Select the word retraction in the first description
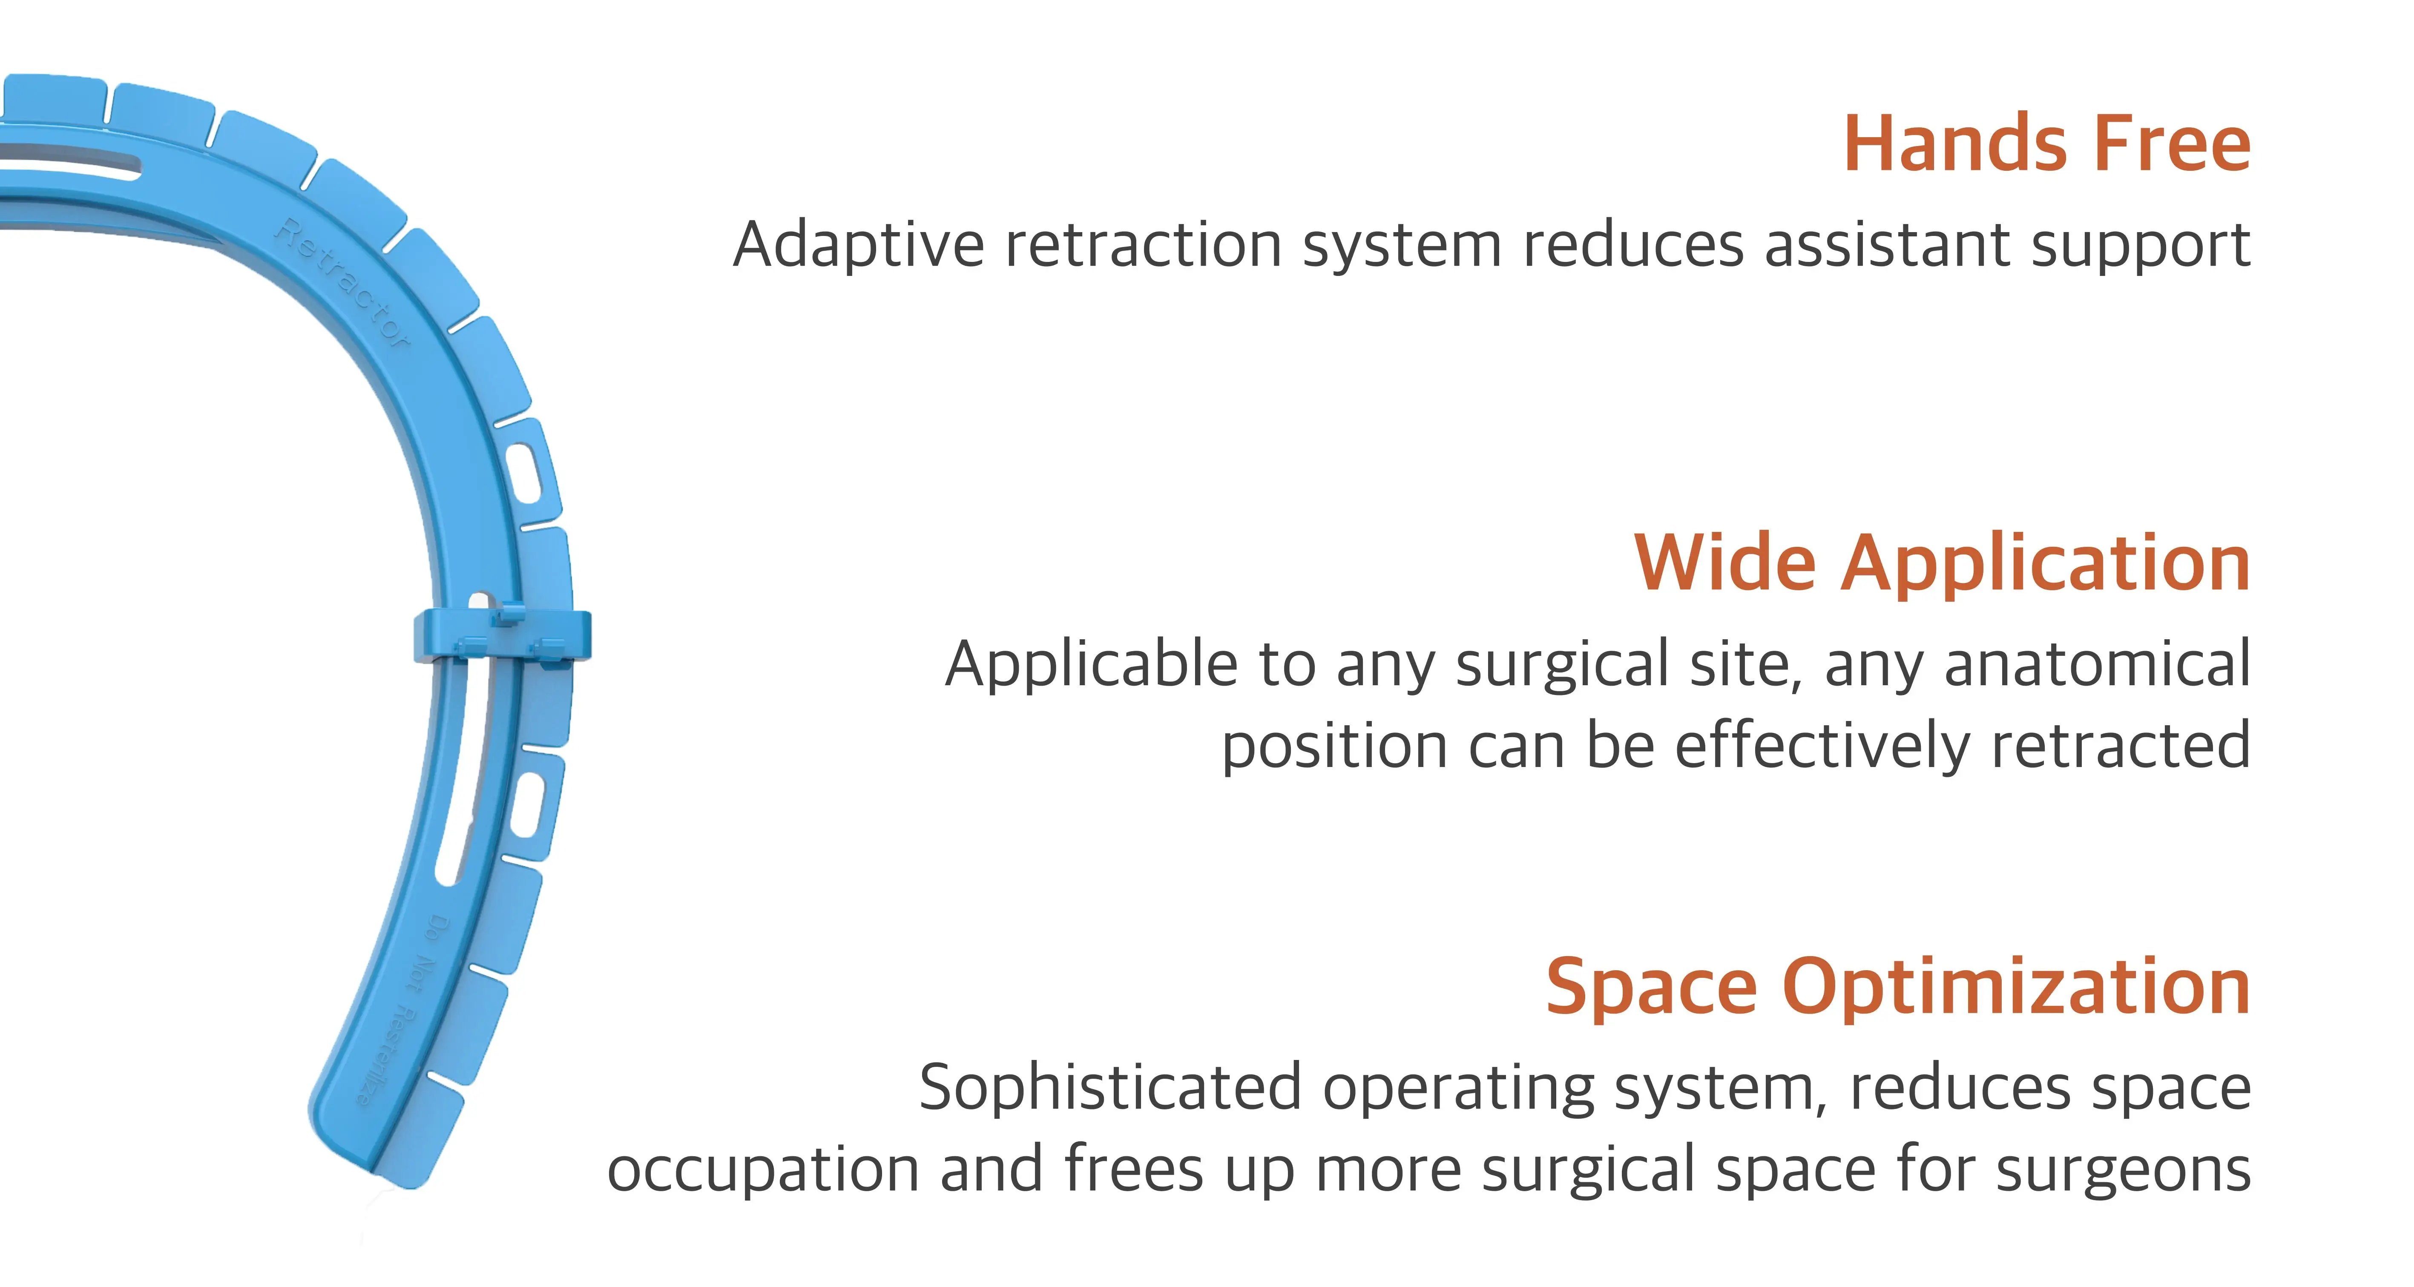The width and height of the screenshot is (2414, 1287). [1143, 246]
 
